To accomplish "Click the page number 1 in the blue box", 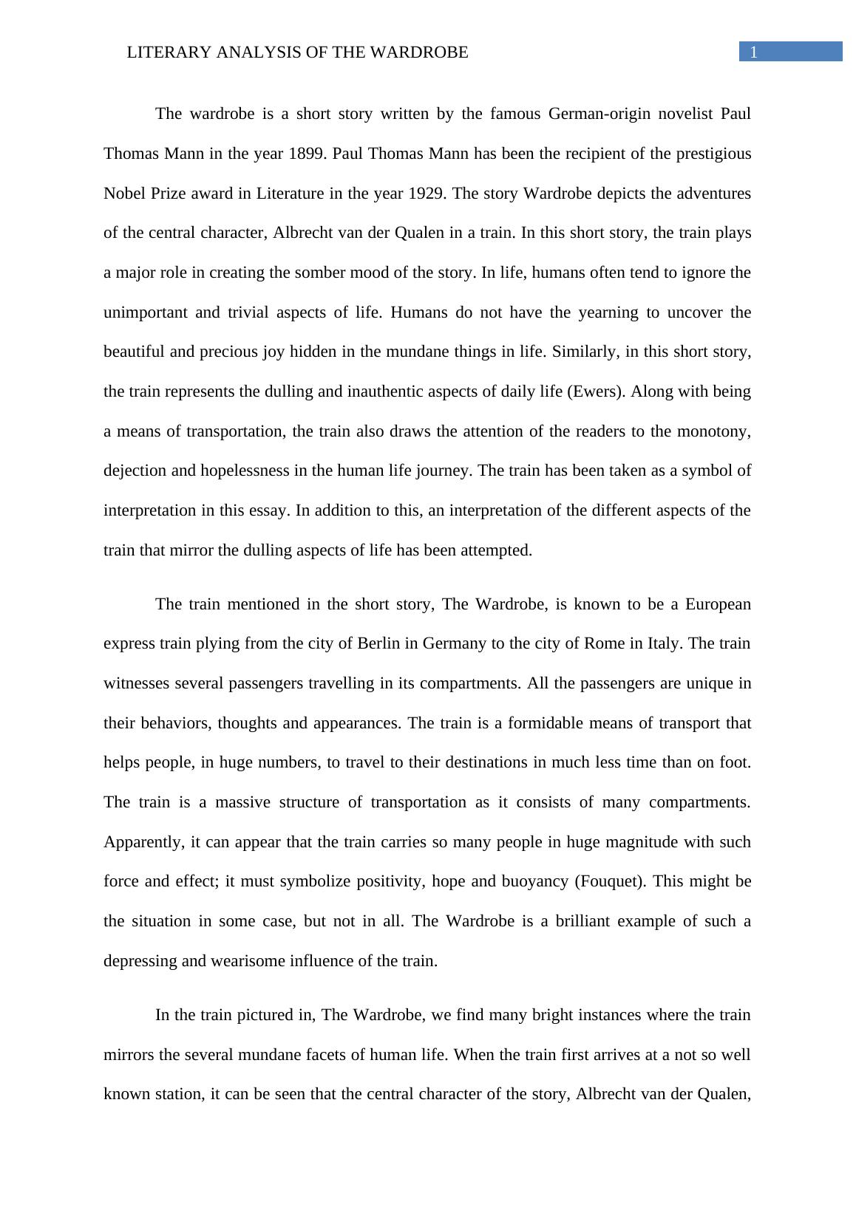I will click(x=754, y=52).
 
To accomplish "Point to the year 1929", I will click(x=427, y=194).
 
